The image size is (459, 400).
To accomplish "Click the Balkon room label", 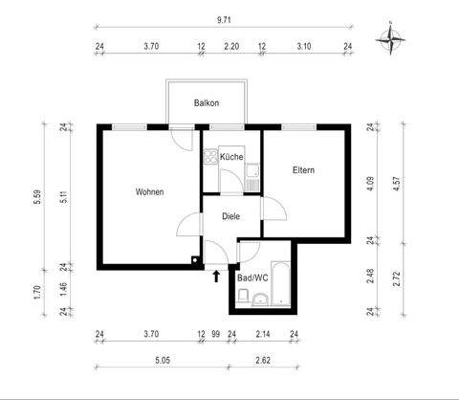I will pos(208,102).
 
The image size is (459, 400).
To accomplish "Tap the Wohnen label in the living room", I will pos(149,191).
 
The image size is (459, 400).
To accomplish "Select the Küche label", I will pos(230,156).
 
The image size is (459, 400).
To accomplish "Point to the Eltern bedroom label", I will pos(303,170).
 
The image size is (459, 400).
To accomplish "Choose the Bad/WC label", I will pos(253,278).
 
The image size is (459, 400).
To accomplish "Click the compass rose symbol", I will pos(391,39).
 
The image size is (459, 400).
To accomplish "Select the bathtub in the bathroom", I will pos(283,283).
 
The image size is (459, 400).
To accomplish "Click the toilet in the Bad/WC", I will pos(243,300).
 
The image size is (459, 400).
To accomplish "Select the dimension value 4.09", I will pos(380,177).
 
